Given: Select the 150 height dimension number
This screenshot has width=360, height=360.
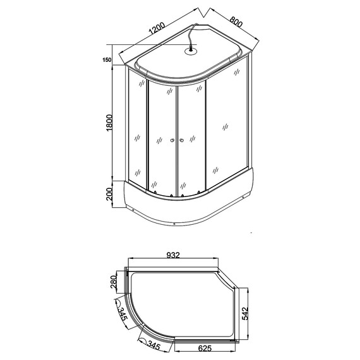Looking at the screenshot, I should (x=107, y=60).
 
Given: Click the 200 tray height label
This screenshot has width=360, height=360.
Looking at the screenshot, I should (x=109, y=194).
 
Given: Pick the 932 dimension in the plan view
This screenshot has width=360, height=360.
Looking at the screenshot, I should (x=174, y=255).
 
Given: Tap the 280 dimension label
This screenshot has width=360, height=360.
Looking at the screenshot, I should (x=114, y=280).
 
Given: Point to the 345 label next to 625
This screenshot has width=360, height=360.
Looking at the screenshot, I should (x=153, y=345).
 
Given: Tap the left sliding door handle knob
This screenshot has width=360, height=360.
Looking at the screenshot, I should (x=171, y=140).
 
